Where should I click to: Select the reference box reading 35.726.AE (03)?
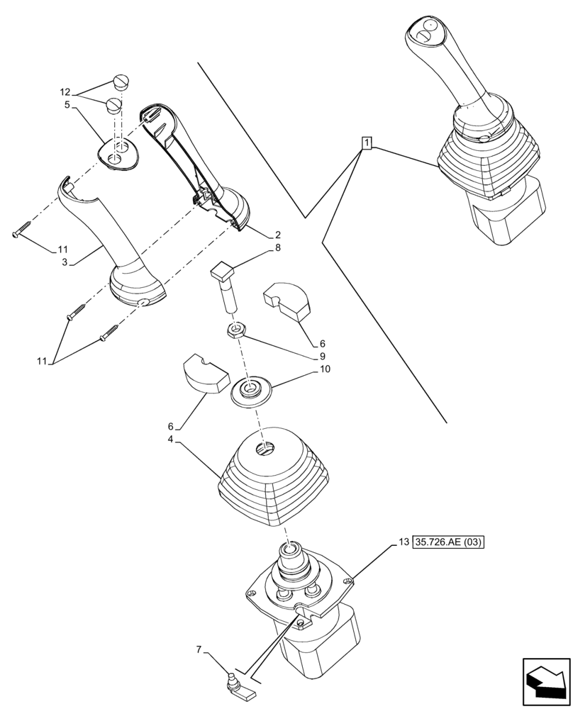click(x=452, y=544)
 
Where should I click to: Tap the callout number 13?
click(x=402, y=544)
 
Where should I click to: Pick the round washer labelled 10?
click(x=250, y=391)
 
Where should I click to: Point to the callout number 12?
click(x=65, y=92)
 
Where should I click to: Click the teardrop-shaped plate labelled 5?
click(x=118, y=153)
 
